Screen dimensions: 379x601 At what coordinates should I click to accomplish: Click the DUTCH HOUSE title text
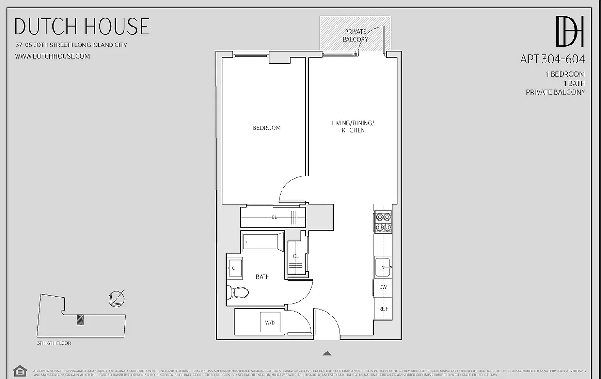(82, 27)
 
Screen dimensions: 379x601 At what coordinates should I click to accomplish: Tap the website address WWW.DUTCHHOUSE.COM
(52, 56)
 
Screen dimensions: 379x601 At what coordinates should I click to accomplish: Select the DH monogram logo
(570, 31)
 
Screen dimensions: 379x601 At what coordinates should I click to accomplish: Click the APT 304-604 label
(552, 59)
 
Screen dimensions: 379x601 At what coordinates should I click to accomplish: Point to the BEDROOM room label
(266, 128)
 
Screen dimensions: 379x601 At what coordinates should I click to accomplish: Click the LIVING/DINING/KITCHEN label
(353, 126)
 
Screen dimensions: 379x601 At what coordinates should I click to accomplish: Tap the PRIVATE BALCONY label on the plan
(355, 36)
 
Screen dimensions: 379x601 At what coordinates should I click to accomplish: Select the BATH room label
(263, 277)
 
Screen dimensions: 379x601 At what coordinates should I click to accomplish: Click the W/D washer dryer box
(270, 323)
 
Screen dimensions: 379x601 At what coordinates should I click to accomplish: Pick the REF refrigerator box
(383, 308)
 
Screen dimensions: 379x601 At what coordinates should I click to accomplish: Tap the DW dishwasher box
(383, 287)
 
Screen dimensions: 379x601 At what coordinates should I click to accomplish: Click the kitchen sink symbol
(383, 267)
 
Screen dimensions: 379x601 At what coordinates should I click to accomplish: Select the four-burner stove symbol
(383, 222)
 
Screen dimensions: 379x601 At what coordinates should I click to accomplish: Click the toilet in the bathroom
(237, 292)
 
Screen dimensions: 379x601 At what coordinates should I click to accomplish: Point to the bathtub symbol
(263, 242)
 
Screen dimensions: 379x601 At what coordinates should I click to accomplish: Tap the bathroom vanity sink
(234, 268)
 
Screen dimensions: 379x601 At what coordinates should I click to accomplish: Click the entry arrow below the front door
(327, 353)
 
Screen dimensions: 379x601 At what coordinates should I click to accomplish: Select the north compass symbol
(116, 298)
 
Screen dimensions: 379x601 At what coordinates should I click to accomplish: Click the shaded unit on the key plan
(80, 320)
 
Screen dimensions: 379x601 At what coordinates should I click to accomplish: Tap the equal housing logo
(19, 370)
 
